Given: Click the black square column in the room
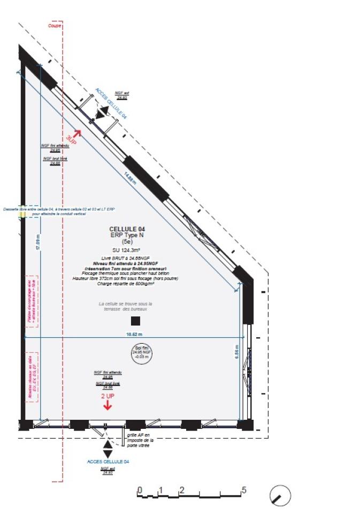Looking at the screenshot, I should pyautogui.click(x=135, y=321).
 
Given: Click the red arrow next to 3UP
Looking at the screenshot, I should pyautogui.click(x=77, y=133).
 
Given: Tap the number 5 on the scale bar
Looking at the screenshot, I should pyautogui.click(x=243, y=490).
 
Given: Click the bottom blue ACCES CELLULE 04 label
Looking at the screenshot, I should pyautogui.click(x=108, y=461).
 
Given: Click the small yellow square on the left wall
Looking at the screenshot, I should pyautogui.click(x=22, y=214).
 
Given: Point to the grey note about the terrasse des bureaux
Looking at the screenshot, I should pyautogui.click(x=125, y=306).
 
